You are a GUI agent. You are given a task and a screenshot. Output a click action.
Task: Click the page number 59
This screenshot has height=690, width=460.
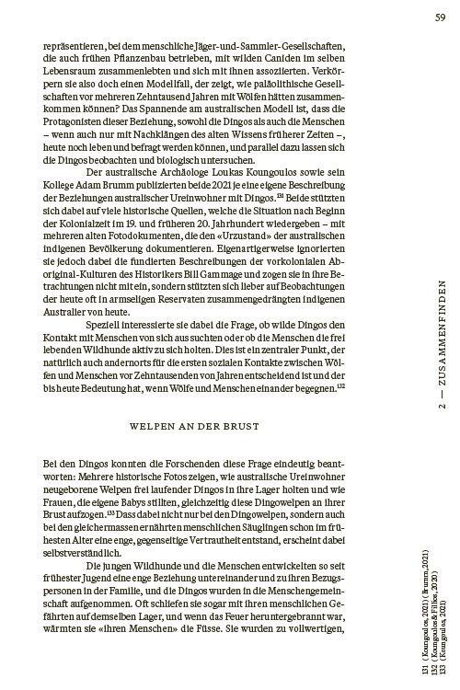(x=442, y=16)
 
